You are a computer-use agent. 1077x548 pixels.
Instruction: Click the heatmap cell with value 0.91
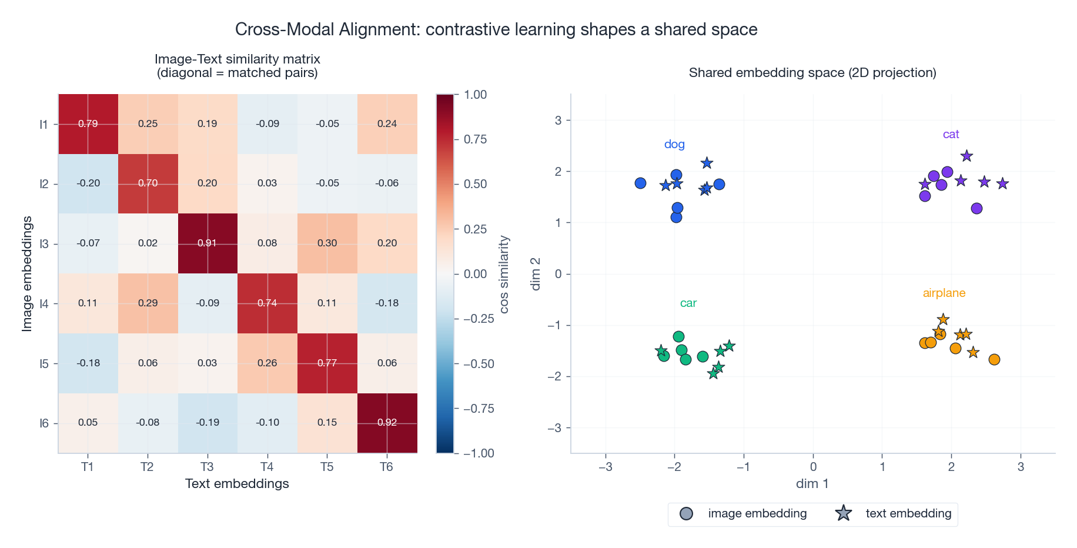[x=208, y=243]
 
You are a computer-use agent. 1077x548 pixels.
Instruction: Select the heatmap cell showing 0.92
[x=387, y=423]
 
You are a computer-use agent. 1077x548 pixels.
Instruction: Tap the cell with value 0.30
[x=327, y=243]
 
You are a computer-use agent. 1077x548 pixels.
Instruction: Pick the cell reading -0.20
[x=88, y=183]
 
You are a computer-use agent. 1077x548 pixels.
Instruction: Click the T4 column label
[x=267, y=467]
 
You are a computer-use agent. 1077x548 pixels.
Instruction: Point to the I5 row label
[x=44, y=364]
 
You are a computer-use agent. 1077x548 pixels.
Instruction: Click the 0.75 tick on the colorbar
[x=475, y=139]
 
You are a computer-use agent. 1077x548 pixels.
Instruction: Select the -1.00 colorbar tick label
[x=479, y=453]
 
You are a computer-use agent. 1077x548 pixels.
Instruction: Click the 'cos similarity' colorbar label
[x=504, y=275]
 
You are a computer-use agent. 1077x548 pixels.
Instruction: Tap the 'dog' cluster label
[x=674, y=145]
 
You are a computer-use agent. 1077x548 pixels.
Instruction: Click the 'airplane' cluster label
[x=944, y=293]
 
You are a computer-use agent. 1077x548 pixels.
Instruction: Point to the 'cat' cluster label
[x=951, y=135]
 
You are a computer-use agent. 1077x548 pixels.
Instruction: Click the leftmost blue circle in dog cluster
[x=641, y=183]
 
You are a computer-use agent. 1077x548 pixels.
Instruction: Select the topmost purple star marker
[x=966, y=156]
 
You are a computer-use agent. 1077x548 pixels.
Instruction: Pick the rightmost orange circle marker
[x=994, y=360]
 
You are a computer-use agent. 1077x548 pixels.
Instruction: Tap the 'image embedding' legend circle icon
[x=686, y=514]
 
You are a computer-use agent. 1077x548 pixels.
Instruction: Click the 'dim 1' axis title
[x=812, y=484]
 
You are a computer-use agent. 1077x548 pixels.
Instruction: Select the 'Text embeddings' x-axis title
[x=237, y=484]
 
